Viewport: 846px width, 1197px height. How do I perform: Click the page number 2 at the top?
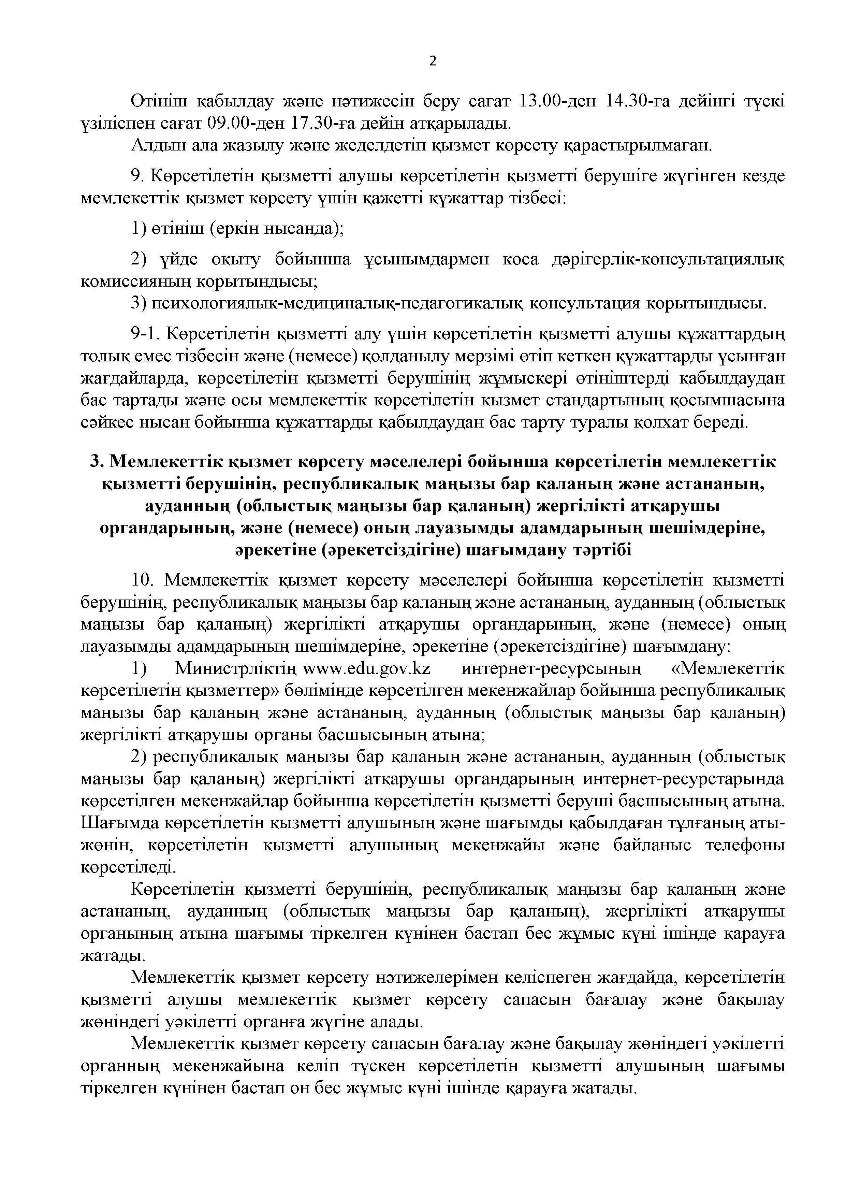[433, 61]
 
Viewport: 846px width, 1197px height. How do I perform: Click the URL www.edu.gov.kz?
[370, 668]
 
